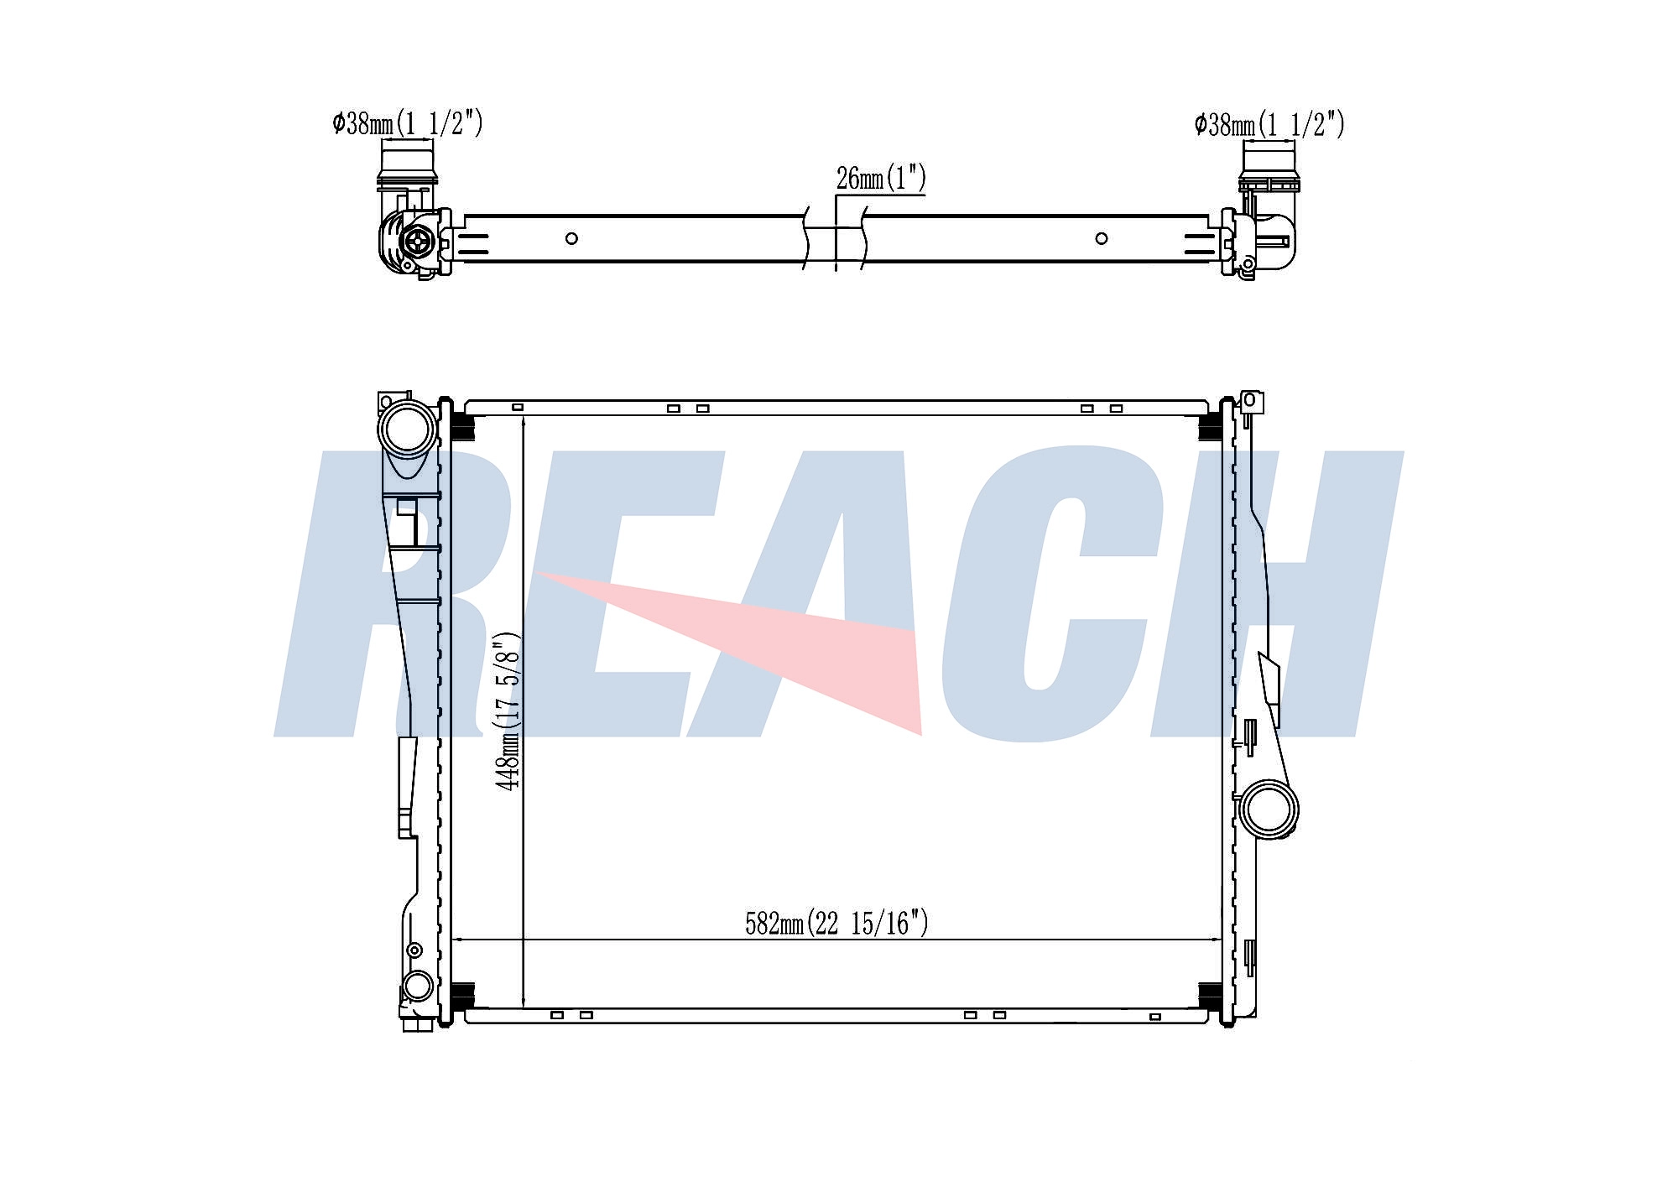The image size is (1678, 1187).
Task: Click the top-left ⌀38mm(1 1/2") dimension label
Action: [408, 123]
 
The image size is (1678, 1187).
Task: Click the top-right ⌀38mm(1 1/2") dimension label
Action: [1269, 124]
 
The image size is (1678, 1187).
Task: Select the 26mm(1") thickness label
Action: [881, 178]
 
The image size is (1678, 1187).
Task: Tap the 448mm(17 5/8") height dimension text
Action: [508, 711]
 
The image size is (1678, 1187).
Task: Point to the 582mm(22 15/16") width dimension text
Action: [836, 923]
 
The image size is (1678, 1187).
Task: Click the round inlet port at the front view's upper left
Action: [408, 429]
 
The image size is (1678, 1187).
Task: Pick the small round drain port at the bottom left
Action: [417, 986]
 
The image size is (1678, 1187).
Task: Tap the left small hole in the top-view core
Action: [571, 238]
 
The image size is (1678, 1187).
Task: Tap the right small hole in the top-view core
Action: [1102, 238]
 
